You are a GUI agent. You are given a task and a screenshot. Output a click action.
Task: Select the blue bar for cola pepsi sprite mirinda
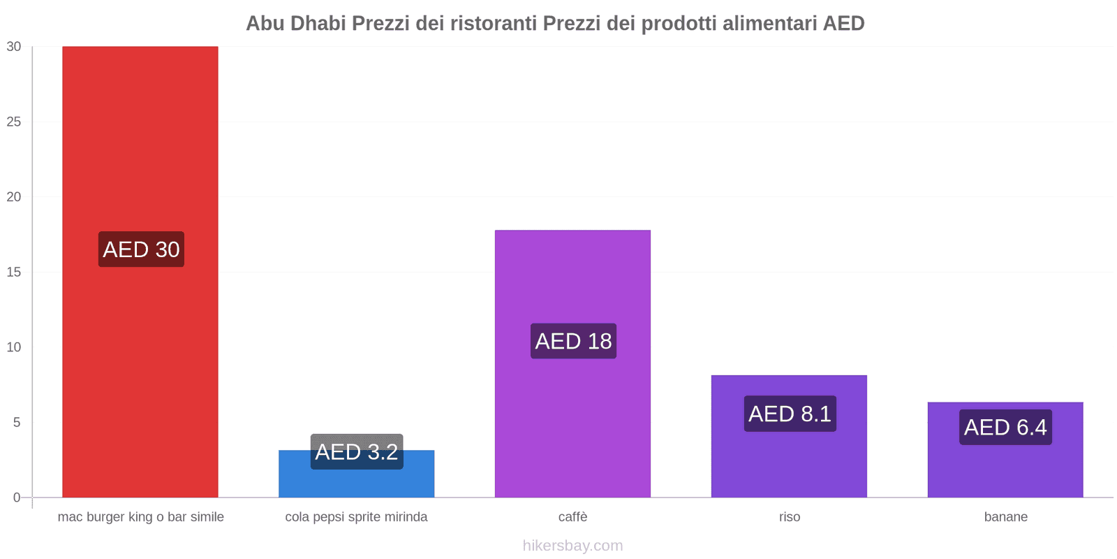356,482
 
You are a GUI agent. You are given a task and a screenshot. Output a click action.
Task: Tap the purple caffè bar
572,419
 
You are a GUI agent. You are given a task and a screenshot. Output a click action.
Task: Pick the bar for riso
789,461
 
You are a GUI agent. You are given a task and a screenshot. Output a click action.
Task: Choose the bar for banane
1005,468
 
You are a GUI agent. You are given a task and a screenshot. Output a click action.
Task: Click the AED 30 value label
141,249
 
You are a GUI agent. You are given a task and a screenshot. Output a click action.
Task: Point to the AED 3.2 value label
357,451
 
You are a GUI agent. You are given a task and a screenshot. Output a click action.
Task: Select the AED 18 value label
573,341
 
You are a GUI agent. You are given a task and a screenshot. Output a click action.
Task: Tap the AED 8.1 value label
790,414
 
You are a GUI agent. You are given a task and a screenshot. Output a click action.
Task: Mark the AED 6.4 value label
1005,427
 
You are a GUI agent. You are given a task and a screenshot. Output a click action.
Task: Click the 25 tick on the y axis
14,122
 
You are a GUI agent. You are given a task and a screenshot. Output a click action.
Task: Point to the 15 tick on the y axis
14,272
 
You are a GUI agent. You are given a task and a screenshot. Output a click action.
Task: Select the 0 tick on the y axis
17,498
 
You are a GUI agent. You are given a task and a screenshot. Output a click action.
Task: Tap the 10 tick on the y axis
14,347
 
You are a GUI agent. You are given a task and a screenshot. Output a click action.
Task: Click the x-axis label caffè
572,517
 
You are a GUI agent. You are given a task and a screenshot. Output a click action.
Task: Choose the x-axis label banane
1005,517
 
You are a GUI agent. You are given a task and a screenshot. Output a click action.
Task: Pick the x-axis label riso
790,517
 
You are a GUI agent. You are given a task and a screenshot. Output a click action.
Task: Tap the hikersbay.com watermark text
572,546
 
